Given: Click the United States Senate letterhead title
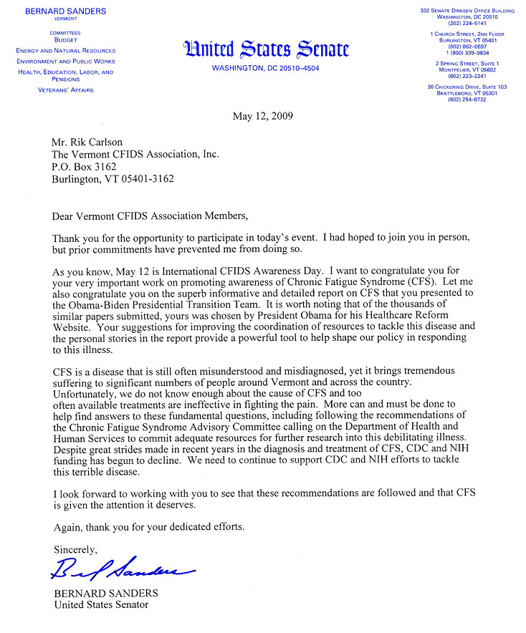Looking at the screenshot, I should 266,49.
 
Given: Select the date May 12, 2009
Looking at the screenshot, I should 262,116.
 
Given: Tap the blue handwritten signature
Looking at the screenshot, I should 123,570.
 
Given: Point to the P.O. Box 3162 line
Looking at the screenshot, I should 84,167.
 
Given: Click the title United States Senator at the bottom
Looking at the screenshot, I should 101,605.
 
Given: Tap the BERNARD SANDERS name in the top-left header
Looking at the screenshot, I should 65,11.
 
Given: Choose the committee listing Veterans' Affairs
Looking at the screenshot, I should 65,90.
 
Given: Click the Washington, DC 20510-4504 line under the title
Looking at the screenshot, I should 266,69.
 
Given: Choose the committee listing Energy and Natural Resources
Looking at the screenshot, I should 65,51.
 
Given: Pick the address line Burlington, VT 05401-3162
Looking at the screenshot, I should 113,180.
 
